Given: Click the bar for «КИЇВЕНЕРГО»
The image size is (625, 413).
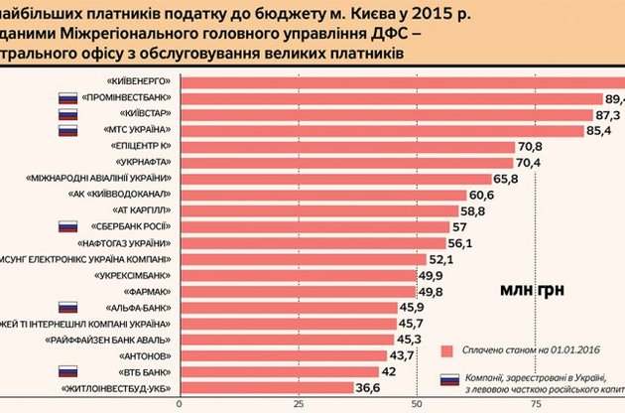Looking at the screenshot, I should (397, 80).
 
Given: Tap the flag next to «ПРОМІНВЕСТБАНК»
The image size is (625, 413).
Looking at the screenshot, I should (67, 97).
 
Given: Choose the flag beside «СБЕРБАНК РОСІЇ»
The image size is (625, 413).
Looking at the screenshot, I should (67, 226).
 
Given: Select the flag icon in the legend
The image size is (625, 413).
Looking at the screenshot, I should (449, 379).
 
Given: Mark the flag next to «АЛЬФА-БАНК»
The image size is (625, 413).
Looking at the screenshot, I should (67, 307).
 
